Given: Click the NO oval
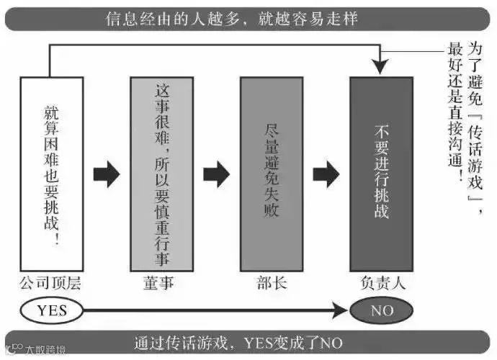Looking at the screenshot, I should tap(382, 310).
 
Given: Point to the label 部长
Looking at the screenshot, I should tap(271, 284).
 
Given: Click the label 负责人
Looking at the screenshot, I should tap(382, 284).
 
